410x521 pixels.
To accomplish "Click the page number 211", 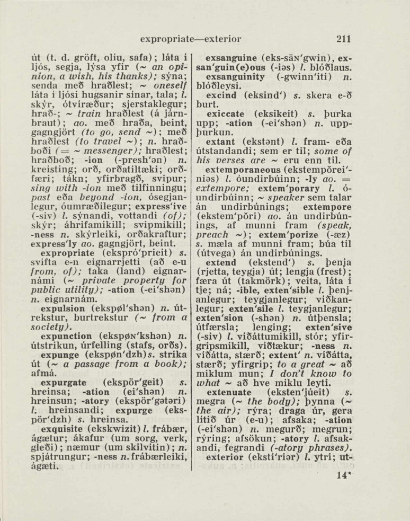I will tap(344, 39).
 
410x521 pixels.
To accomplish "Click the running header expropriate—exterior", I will tap(191, 39).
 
